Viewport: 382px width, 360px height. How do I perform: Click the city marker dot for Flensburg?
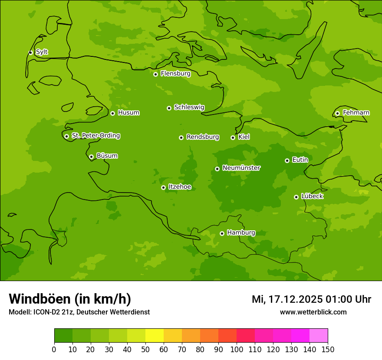click(x=155, y=74)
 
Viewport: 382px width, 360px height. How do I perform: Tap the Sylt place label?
click(x=42, y=52)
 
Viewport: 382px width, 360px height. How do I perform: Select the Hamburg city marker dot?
click(x=222, y=233)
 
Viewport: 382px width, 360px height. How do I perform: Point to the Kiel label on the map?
click(x=244, y=137)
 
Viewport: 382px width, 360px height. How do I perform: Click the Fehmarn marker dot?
click(x=337, y=113)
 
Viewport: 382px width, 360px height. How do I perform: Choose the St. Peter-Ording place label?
click(x=95, y=136)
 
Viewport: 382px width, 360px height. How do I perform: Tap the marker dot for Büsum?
click(x=91, y=157)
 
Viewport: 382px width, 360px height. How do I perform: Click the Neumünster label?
click(x=241, y=168)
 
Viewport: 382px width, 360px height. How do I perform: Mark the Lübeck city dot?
click(x=296, y=197)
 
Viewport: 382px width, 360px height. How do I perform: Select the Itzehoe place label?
click(x=180, y=187)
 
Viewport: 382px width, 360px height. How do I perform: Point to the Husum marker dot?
click(x=112, y=113)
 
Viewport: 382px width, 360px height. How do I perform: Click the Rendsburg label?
click(x=203, y=137)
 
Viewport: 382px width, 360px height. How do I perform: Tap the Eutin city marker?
click(x=287, y=160)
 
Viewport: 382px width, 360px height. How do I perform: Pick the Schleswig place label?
click(x=189, y=107)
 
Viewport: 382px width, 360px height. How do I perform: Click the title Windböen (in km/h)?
click(x=70, y=299)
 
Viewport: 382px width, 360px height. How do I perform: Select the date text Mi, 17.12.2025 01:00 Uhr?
click(x=311, y=299)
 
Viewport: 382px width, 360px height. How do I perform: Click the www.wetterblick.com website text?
click(x=313, y=312)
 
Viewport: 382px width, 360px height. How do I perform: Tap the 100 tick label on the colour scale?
click(x=237, y=350)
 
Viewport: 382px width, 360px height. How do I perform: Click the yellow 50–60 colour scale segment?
click(x=155, y=336)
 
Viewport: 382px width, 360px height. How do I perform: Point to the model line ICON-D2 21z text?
click(x=79, y=312)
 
